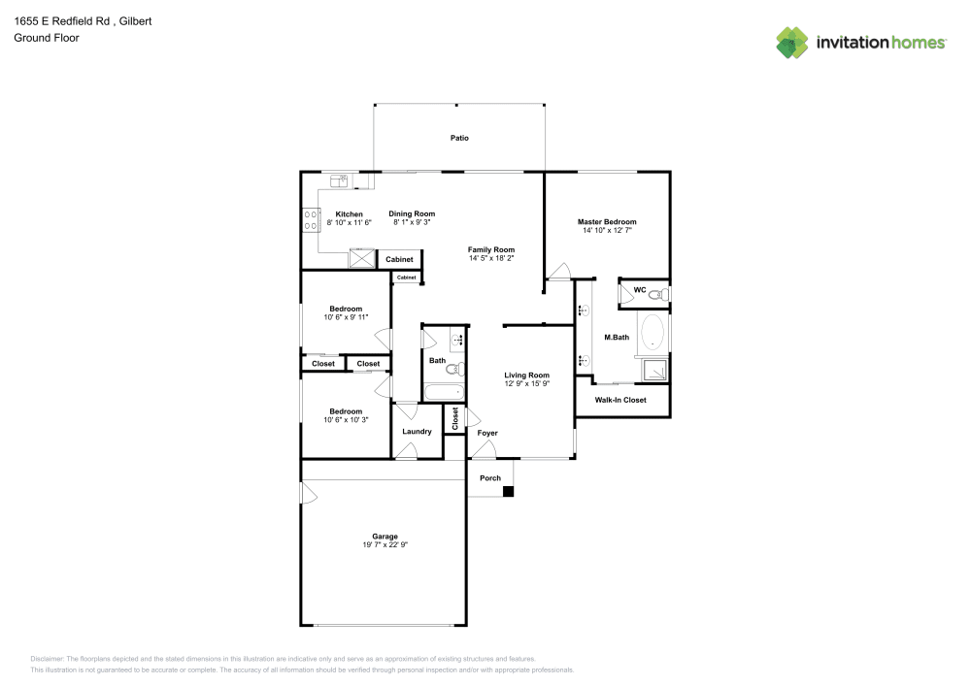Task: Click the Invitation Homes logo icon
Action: [791, 43]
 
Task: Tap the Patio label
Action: [459, 138]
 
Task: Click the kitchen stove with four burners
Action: [312, 220]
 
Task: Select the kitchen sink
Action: [340, 180]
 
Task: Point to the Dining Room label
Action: [412, 213]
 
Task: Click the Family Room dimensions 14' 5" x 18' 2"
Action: [490, 258]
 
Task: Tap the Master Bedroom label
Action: [607, 222]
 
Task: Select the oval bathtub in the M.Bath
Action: [653, 334]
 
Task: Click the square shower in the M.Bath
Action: [653, 369]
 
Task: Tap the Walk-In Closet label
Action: [620, 400]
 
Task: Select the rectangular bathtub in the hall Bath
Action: [445, 393]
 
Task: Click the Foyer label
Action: [486, 433]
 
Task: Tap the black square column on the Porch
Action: [507, 491]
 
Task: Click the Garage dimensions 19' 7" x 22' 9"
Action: [385, 545]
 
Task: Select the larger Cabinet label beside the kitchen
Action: [399, 259]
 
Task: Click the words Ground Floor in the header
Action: [46, 38]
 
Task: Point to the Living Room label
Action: [526, 376]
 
